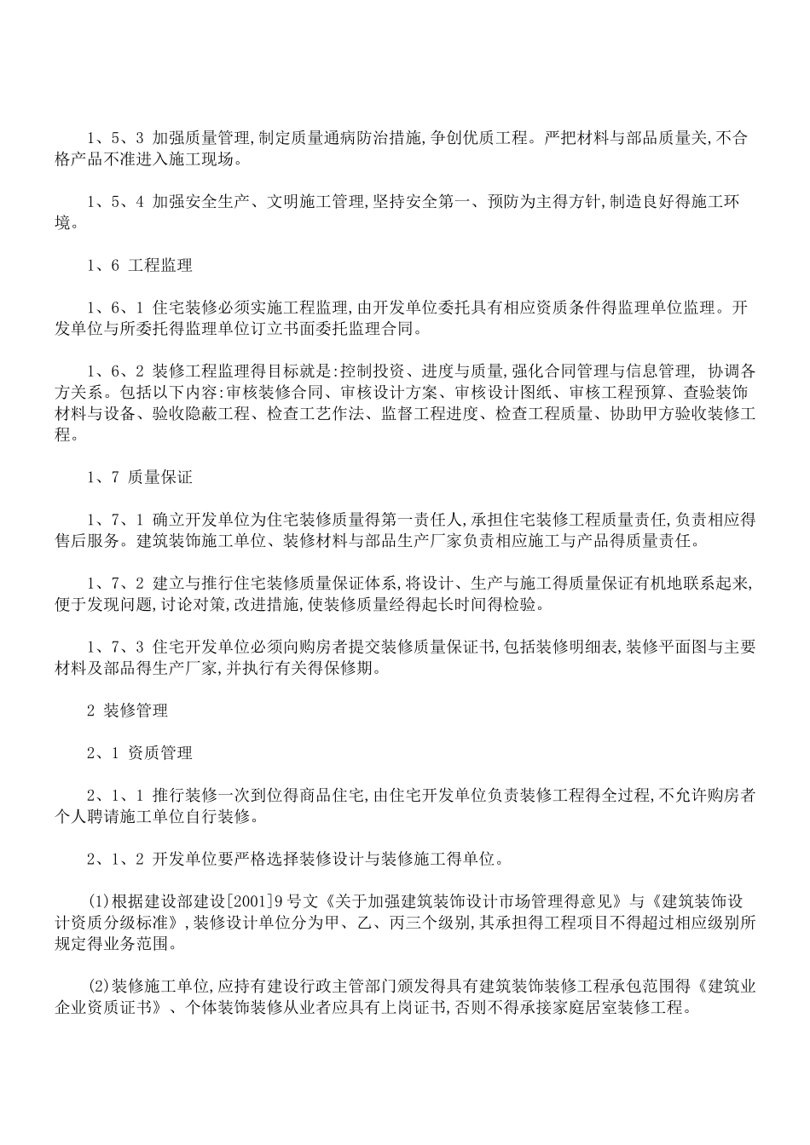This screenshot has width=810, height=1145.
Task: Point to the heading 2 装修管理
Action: click(127, 710)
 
